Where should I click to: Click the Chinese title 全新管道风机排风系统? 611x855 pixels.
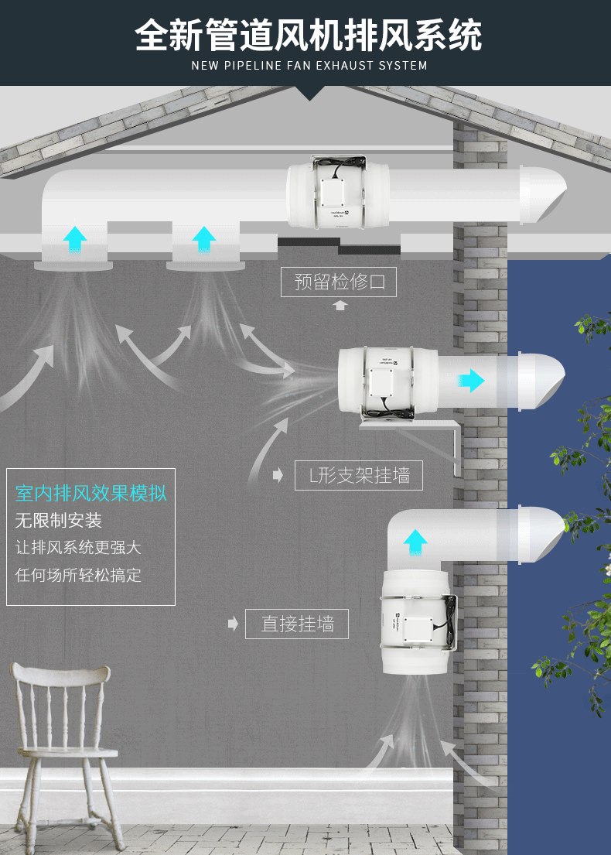tap(309, 36)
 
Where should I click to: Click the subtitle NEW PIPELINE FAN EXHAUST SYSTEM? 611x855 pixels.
tap(309, 66)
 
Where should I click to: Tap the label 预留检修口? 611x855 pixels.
tap(339, 282)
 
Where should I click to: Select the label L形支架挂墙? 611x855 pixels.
tap(359, 475)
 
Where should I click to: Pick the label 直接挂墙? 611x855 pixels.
tap(297, 624)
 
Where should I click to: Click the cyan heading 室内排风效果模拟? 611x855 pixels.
tap(91, 494)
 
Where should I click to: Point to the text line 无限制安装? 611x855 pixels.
tap(59, 520)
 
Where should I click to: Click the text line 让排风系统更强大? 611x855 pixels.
tap(78, 547)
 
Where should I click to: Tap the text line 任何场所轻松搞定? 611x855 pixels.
tap(78, 575)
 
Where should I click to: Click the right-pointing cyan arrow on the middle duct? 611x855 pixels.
tap(470, 380)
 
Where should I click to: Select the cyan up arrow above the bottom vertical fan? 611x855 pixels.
tap(415, 542)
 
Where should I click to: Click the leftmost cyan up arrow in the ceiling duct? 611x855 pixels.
tap(75, 238)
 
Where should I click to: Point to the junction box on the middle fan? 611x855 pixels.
tap(384, 382)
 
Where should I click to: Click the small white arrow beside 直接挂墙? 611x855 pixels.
tap(233, 624)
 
